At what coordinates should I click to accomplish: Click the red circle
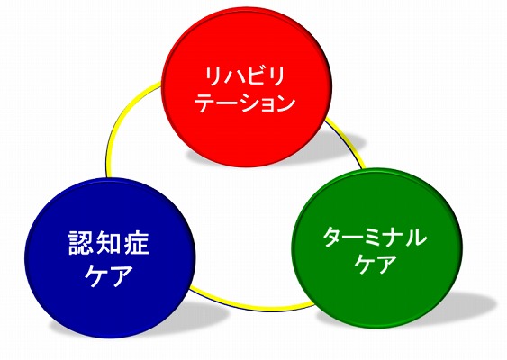(247, 87)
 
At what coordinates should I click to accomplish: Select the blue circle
(110, 257)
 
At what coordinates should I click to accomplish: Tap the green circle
(377, 248)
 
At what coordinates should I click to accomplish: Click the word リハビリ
(245, 76)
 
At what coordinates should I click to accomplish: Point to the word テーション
(247, 103)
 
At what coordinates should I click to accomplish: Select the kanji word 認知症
(109, 243)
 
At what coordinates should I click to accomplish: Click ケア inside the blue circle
(109, 275)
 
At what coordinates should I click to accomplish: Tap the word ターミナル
(375, 237)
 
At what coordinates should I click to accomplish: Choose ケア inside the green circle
(375, 264)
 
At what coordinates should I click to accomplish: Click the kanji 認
(81, 243)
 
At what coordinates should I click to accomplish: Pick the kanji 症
(137, 243)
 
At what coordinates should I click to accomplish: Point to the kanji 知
(109, 243)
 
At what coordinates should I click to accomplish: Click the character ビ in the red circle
(255, 76)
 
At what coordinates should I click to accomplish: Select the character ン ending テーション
(285, 103)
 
